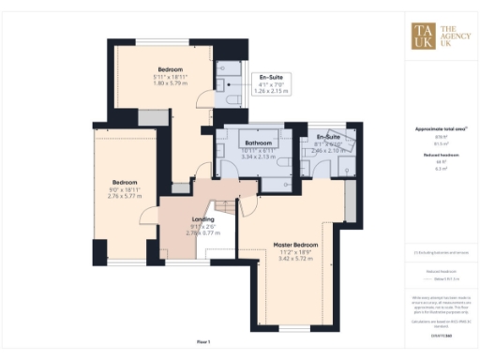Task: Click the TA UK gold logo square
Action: (422, 35)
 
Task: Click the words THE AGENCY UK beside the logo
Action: (453, 35)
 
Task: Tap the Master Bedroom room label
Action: (295, 245)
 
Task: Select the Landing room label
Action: (197, 219)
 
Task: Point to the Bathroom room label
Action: (255, 143)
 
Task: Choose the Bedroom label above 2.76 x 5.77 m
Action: (125, 182)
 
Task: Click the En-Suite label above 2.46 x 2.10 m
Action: (328, 136)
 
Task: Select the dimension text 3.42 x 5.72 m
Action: (295, 259)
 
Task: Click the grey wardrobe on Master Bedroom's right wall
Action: (350, 200)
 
